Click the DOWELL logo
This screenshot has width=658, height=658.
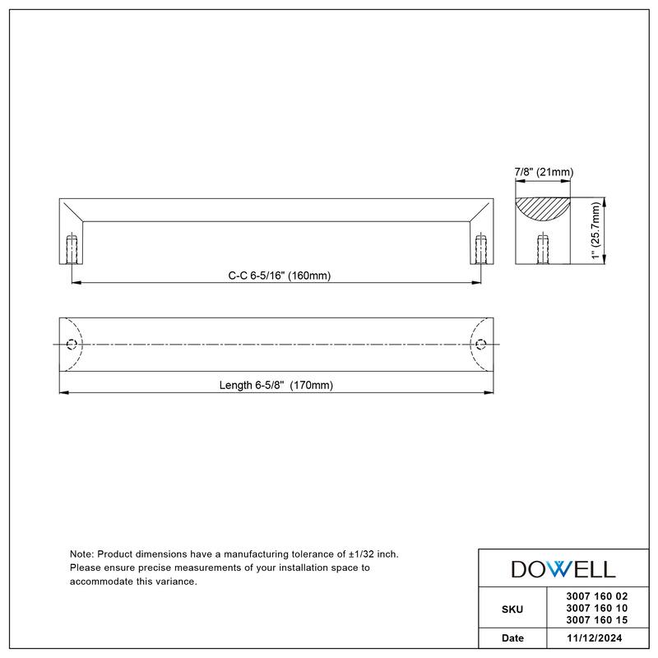click(x=563, y=568)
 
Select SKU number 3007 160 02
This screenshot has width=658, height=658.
click(x=591, y=597)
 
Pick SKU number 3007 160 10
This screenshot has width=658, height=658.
click(x=591, y=608)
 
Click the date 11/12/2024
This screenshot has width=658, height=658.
click(x=591, y=638)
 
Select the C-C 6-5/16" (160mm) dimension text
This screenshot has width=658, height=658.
click(x=279, y=276)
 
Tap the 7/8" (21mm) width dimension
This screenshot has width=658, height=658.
click(x=543, y=172)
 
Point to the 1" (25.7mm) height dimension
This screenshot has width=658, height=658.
click(x=596, y=231)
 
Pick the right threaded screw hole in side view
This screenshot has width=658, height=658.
click(x=481, y=248)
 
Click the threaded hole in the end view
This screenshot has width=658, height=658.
click(x=542, y=248)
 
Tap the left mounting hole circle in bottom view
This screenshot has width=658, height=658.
click(x=72, y=343)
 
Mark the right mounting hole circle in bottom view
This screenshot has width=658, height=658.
click(x=481, y=343)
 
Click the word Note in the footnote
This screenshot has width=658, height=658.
click(x=82, y=555)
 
